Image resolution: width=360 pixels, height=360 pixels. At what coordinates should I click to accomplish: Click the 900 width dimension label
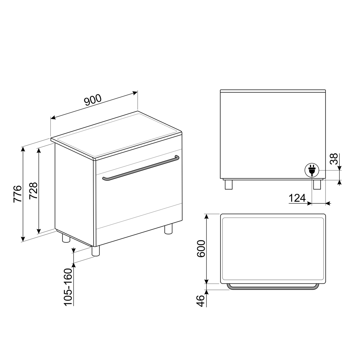tap(93, 100)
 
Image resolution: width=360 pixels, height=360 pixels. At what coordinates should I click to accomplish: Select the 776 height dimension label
tap(18, 194)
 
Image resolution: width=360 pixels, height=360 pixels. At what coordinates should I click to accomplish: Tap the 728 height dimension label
tap(33, 191)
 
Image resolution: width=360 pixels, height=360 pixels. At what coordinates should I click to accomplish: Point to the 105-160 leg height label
tap(68, 287)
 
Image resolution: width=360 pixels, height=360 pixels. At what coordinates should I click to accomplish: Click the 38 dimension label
tap(334, 159)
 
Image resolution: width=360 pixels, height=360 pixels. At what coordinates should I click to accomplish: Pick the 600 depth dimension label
tap(201, 248)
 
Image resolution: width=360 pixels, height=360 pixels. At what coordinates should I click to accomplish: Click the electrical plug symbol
tap(312, 170)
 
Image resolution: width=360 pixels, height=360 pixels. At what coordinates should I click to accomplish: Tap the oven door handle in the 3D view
tap(141, 169)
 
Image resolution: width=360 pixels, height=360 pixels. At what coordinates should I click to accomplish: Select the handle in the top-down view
tap(273, 287)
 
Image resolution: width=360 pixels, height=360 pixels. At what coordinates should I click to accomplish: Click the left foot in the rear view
tap(229, 185)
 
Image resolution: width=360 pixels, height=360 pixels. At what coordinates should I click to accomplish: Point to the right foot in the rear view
tap(317, 185)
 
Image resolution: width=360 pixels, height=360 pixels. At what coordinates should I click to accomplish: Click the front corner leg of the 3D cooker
tap(96, 251)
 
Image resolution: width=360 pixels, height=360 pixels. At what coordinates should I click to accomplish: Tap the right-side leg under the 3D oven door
tap(168, 229)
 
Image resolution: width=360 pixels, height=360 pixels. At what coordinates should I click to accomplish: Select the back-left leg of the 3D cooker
tap(66, 238)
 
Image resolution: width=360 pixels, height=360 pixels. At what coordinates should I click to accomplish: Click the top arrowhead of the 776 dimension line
tap(23, 149)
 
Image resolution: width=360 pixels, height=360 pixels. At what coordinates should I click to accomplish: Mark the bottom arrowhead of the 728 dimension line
tap(39, 231)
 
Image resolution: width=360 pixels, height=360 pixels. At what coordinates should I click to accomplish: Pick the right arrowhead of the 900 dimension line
tap(135, 93)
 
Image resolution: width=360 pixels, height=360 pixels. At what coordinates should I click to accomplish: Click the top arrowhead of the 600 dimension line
tap(206, 216)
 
